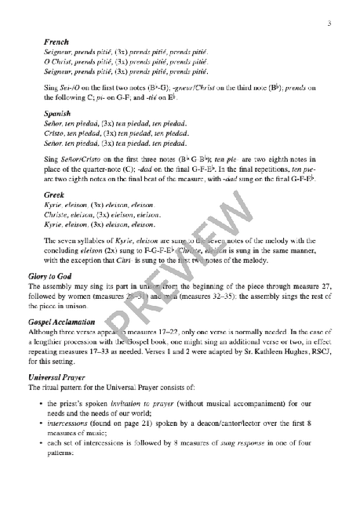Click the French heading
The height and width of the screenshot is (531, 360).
click(57, 40)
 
